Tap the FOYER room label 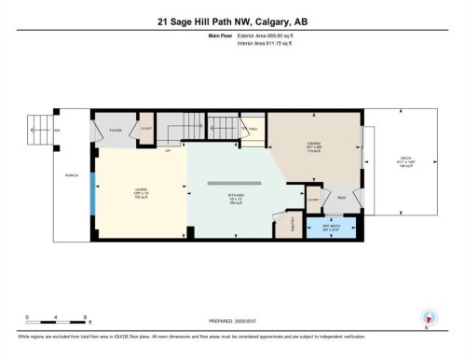[116, 131]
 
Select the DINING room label [314, 145]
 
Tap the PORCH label [72, 175]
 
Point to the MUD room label [342, 197]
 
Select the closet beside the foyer [145, 132]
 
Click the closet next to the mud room [314, 198]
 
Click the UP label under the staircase [167, 149]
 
